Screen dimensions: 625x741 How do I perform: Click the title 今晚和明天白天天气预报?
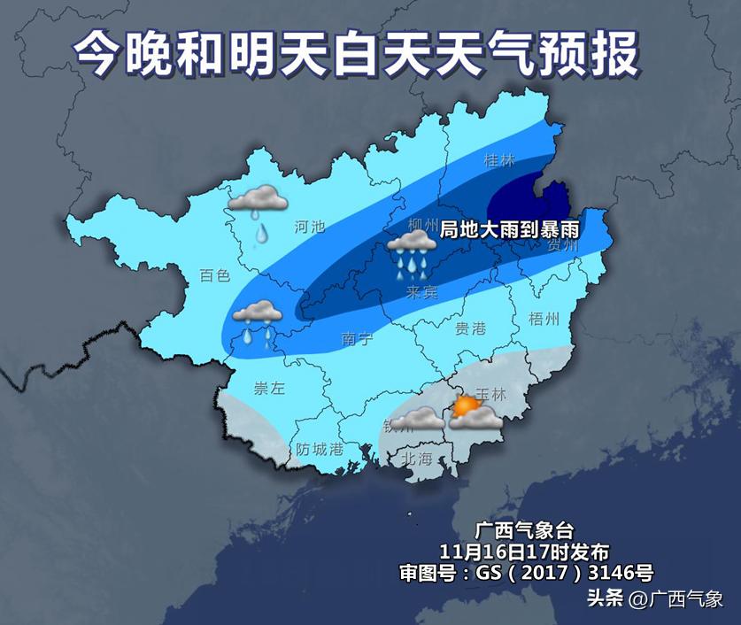click(355, 55)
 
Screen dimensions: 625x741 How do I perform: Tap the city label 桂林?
click(499, 161)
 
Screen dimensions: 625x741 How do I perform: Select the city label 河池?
click(310, 228)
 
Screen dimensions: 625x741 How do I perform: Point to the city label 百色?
click(215, 275)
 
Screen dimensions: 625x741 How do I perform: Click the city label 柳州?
click(424, 223)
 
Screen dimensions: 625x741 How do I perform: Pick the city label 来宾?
click(421, 292)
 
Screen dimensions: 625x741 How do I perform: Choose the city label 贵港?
click(470, 328)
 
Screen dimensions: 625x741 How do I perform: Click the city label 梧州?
click(543, 318)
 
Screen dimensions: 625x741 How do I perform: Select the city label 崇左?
click(269, 388)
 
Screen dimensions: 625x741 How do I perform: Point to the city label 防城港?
click(320, 449)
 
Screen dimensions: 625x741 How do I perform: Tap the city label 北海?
click(417, 458)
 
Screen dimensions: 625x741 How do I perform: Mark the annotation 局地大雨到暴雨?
click(510, 228)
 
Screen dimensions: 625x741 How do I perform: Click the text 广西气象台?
click(525, 531)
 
